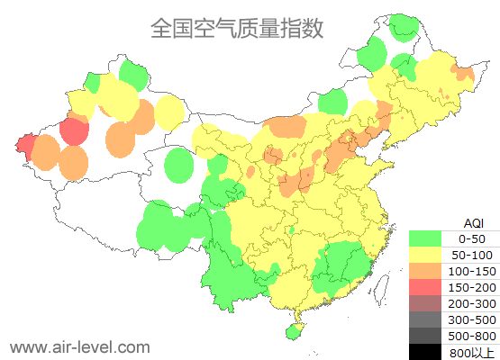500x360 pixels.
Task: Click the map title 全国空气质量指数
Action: point(236,29)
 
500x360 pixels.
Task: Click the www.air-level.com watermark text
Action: point(79,346)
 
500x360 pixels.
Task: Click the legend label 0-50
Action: point(472,238)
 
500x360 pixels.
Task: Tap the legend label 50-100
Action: point(472,255)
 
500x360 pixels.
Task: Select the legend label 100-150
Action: point(472,271)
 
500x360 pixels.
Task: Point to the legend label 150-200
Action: point(472,287)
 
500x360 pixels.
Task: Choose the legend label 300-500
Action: point(472,319)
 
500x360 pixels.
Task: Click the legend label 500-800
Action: point(472,336)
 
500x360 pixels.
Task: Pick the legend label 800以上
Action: point(472,352)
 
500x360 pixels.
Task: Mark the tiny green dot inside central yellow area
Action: point(293,231)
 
